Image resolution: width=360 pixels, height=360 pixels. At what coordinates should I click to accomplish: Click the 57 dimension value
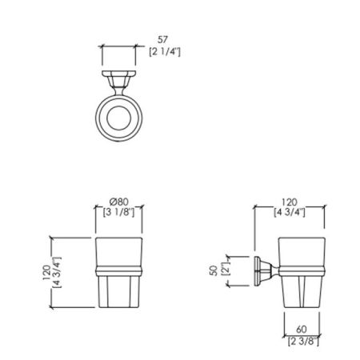tap(162, 40)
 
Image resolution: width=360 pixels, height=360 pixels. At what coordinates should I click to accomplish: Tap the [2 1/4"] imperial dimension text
tap(165, 51)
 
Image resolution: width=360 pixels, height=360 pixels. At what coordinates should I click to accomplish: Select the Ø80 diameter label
tap(119, 202)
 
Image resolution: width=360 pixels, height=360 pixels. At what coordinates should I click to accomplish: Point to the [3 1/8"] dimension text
tap(119, 212)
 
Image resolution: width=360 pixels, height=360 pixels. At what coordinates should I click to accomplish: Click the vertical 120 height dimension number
tap(46, 272)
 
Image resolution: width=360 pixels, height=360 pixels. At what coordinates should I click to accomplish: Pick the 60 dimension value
tap(302, 330)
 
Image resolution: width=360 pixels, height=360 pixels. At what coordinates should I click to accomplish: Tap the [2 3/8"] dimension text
tap(303, 341)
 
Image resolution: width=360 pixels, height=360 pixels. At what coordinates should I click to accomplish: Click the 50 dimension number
tap(214, 271)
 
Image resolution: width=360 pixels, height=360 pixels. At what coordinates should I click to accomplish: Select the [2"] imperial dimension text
tap(225, 270)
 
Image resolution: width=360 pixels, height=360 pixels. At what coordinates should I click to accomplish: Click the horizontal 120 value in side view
tap(290, 202)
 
